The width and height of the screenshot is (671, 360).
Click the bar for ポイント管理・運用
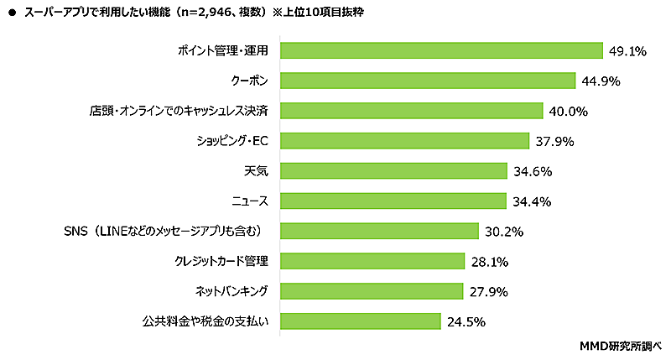pos(441,50)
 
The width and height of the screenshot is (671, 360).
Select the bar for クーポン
pos(427,81)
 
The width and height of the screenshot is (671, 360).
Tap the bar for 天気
pos(393,171)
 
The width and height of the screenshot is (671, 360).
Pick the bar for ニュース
pos(393,201)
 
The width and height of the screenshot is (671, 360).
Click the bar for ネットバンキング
pos(372,291)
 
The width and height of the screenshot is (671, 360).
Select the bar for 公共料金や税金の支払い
pos(360,321)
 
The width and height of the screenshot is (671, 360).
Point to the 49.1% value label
pos(627,51)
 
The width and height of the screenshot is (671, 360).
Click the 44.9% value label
pos(600,81)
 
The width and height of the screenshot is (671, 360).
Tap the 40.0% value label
pos(567,111)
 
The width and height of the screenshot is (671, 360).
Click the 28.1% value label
pos(488,262)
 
